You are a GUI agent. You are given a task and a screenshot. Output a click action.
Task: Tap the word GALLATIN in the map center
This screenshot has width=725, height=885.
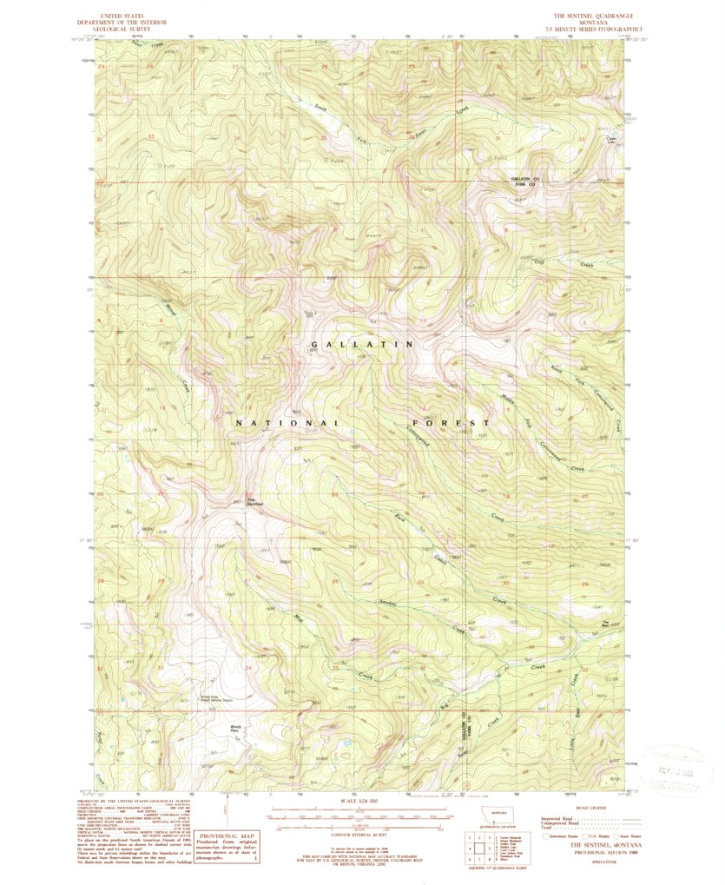[362, 345]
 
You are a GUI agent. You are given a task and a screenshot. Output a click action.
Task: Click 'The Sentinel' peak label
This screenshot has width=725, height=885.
[254, 502]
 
